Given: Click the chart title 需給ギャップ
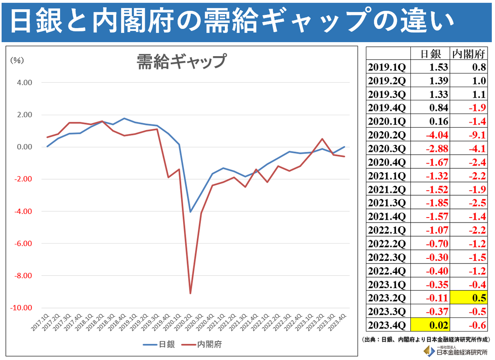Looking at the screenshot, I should (x=181, y=62).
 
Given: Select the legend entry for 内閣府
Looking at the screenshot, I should (x=202, y=344).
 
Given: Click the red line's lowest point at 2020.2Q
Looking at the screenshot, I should (x=190, y=294).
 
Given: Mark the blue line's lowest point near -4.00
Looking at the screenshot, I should (x=190, y=212).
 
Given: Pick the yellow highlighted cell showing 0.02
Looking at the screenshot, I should (x=430, y=324).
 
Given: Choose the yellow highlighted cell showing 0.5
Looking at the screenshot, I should (x=469, y=297).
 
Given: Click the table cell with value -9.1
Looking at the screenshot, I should (x=469, y=135).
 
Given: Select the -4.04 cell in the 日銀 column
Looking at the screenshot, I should (x=430, y=135).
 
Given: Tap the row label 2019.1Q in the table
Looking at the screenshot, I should (x=387, y=67).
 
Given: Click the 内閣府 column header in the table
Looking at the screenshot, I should (x=469, y=54).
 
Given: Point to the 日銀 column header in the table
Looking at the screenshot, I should (x=430, y=54).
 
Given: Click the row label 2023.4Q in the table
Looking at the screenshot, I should (x=387, y=324).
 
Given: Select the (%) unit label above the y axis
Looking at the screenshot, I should (x=17, y=60).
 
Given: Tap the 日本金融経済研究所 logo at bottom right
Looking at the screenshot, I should (x=456, y=351).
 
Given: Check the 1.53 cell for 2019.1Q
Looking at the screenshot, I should (x=430, y=67).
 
